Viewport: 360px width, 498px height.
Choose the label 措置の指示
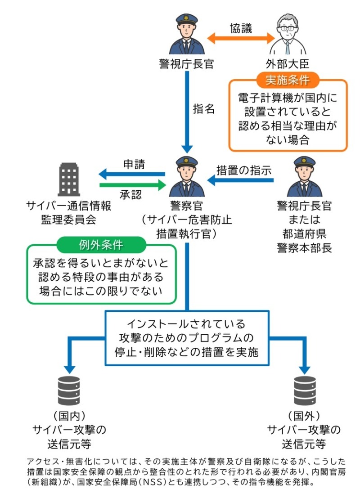[244, 170]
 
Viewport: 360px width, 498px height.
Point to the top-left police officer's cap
[186, 19]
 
